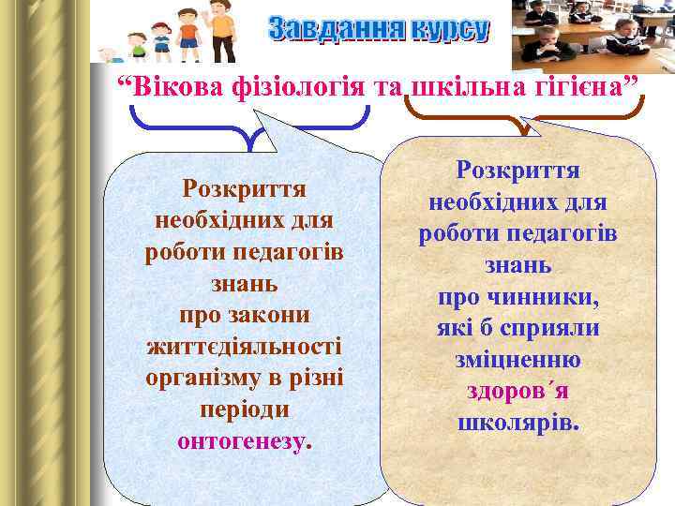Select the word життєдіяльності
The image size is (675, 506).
[246, 347]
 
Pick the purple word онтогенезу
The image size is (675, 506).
[245, 441]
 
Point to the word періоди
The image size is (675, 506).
[246, 410]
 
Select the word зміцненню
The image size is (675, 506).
[517, 360]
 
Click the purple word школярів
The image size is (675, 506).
[517, 422]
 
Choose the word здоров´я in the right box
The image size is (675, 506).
[517, 391]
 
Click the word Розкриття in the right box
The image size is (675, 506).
[517, 171]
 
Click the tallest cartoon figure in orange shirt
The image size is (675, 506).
[221, 32]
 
